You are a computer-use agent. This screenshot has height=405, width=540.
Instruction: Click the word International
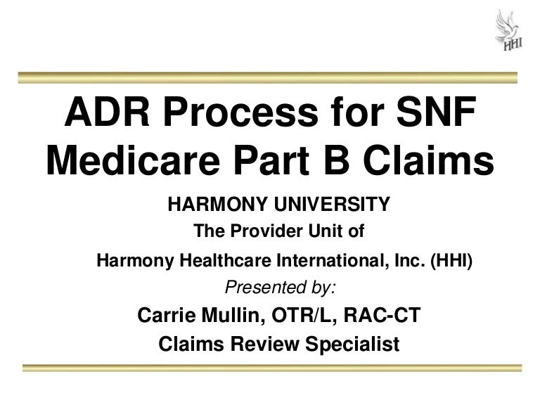point(326,260)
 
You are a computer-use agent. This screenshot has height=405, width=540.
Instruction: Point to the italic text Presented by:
point(279,286)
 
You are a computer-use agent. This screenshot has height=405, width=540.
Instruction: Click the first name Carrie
point(168,315)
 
